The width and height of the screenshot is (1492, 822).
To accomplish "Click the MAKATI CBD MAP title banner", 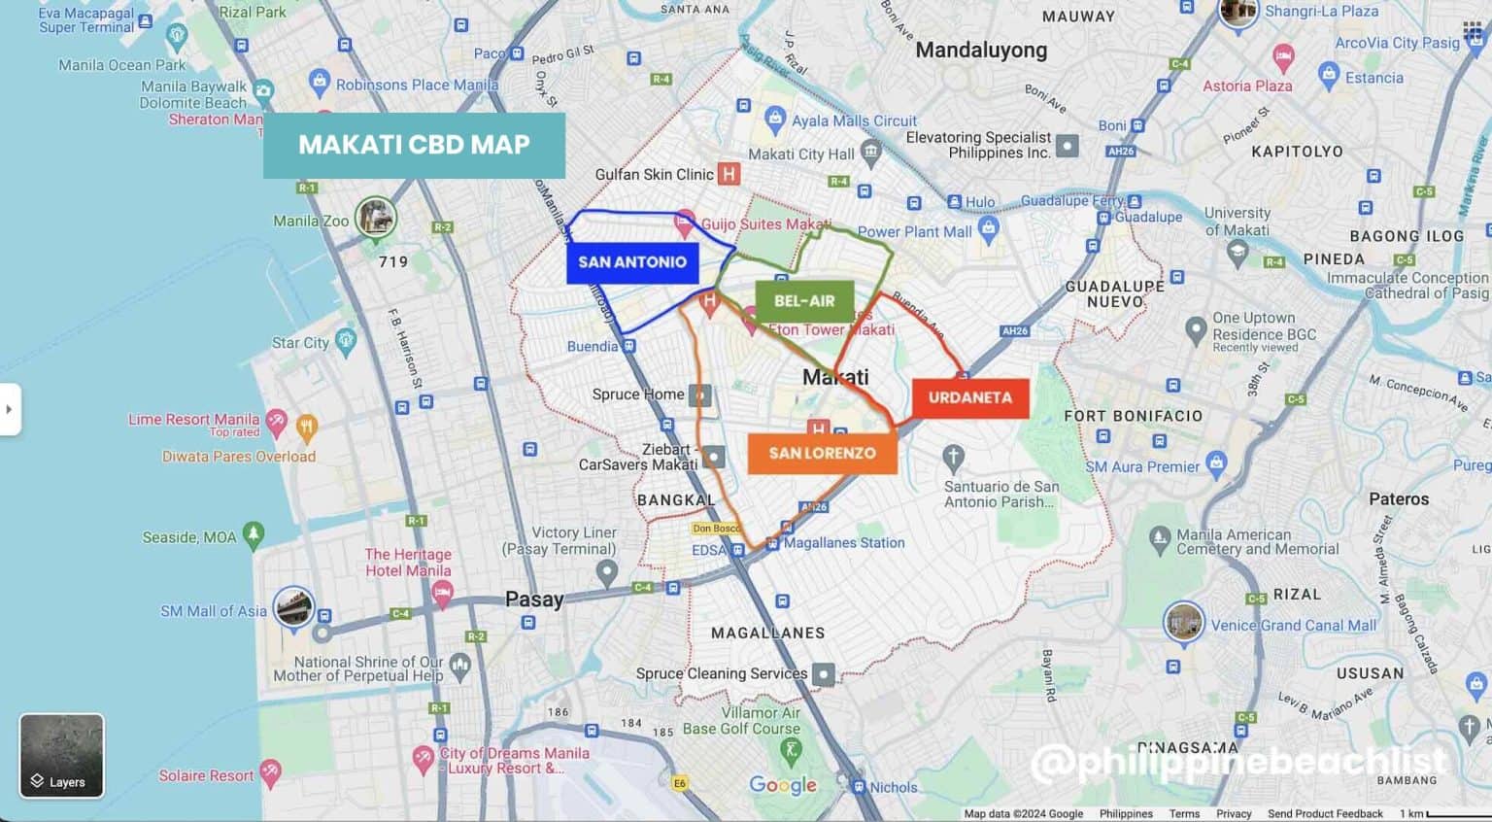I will [414, 145].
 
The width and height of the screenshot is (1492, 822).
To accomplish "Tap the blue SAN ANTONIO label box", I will [632, 262].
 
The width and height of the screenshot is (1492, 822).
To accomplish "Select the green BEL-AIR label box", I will [804, 301].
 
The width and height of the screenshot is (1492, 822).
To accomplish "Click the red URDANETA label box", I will [969, 397].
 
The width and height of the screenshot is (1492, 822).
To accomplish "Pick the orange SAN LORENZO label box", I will [822, 453].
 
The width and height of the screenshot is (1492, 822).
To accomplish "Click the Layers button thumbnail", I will [61, 756].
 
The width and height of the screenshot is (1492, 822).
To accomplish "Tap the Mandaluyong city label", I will [981, 51].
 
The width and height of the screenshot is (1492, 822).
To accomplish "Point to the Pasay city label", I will [534, 599].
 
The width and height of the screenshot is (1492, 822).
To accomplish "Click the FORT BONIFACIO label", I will [1133, 416].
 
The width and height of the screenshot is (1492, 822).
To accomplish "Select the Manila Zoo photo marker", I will [375, 218].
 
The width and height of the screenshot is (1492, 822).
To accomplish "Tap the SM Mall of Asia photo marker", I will [293, 608].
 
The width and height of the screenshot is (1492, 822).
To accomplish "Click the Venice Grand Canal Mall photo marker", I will [1184, 622].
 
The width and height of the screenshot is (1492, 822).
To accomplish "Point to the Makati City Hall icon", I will [871, 152].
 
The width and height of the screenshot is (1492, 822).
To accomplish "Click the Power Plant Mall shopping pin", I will [989, 229].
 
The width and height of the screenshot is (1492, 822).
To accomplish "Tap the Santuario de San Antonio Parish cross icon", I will [954, 457].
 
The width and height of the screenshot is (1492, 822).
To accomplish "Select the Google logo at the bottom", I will [783, 785].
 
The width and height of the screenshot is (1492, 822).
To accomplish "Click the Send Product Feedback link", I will [1325, 814].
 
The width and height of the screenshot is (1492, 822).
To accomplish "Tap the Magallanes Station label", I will [844, 543].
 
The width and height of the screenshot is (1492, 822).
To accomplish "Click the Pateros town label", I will [1399, 499].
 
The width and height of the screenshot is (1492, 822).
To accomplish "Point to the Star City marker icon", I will [346, 340].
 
